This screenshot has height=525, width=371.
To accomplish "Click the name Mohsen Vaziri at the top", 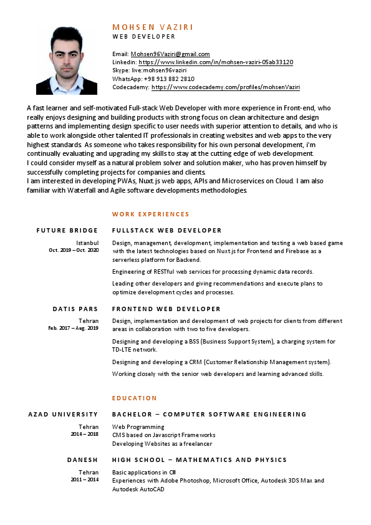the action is click(153, 27).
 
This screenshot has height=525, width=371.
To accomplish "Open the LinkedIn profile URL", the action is click(216, 62).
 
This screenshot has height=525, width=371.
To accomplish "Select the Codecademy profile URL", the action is click(226, 88).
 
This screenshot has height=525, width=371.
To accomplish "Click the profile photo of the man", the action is click(67, 60).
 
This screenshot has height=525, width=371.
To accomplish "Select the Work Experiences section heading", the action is click(150, 214).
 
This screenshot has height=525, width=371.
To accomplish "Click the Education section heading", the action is click(134, 398).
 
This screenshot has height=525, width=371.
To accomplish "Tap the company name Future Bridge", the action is click(67, 231).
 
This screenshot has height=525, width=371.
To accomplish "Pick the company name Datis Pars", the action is click(75, 309).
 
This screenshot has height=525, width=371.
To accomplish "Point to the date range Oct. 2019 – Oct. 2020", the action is click(74, 250).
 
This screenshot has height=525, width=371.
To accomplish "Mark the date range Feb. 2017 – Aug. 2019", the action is click(74, 328).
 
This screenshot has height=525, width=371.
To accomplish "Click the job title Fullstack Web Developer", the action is click(166, 231).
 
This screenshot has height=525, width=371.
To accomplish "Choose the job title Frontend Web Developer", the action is click(166, 309).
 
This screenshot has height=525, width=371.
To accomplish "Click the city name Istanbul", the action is click(87, 243).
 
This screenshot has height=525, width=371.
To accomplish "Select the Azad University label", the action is click(64, 415).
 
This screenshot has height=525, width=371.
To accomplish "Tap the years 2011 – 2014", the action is click(84, 480).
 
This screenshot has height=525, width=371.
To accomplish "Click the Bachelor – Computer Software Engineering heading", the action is click(209, 415).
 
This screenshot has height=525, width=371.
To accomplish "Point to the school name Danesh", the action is click(83, 460).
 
